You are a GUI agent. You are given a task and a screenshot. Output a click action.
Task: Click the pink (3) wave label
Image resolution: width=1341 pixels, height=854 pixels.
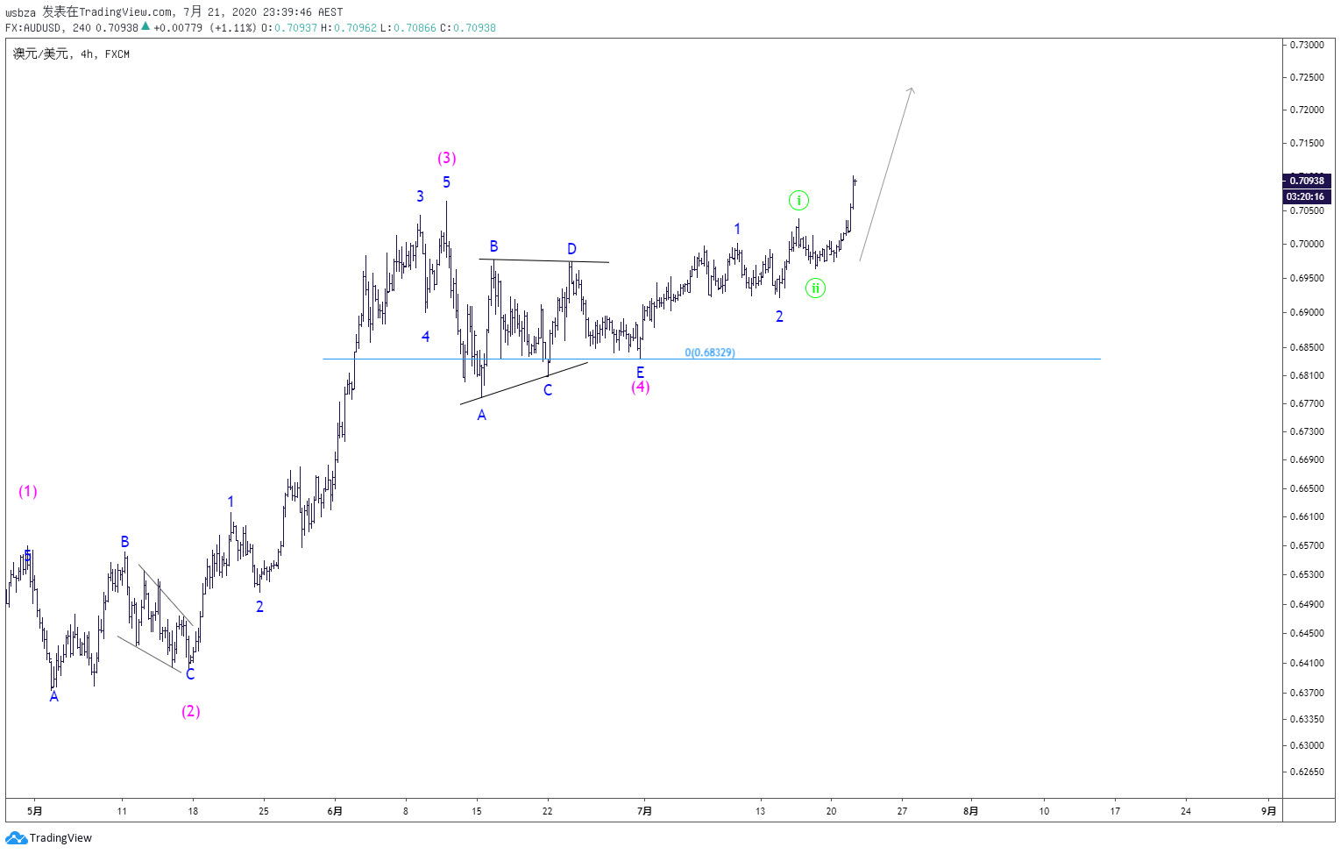coord(447,158)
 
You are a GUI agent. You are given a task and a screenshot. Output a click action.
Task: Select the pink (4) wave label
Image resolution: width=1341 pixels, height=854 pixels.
coord(641,387)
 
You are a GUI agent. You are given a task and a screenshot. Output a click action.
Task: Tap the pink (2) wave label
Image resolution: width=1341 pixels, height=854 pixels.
coord(191,711)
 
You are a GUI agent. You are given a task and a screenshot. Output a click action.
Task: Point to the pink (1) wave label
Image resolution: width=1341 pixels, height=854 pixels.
coord(28,492)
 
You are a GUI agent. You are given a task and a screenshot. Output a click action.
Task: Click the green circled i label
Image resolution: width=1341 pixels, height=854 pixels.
coord(798,201)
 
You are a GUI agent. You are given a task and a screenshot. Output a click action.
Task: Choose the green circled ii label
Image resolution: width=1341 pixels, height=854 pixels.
coord(815,288)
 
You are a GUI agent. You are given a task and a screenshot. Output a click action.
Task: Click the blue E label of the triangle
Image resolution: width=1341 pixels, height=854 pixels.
coord(640,373)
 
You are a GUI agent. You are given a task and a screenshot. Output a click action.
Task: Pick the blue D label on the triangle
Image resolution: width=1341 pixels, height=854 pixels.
coord(571,249)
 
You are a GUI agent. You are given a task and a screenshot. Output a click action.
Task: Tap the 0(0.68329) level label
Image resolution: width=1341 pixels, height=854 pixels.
coord(710,352)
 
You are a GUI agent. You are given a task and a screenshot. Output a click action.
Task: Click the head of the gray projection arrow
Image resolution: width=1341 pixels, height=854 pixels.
coord(912,89)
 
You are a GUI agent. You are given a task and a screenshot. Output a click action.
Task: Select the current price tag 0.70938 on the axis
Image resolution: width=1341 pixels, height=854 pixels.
coord(1307,181)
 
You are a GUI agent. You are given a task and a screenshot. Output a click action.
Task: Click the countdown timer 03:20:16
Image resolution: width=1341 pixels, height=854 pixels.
coord(1307,196)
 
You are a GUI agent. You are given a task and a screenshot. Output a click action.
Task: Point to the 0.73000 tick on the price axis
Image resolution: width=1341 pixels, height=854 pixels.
coord(1307,45)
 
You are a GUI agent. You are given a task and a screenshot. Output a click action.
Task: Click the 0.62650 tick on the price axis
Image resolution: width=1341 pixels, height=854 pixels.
coord(1307,772)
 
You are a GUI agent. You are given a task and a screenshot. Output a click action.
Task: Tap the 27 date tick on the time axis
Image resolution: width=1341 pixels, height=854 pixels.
coord(902,812)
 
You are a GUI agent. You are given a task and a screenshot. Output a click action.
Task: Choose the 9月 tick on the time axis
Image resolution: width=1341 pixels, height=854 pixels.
coord(1268,812)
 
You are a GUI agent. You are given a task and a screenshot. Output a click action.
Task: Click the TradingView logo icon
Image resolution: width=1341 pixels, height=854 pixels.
coord(16,838)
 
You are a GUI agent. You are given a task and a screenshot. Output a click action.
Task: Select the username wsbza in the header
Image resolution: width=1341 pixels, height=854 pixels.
coord(21,12)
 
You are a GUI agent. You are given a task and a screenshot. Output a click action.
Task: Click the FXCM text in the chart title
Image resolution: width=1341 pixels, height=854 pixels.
coord(117,54)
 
